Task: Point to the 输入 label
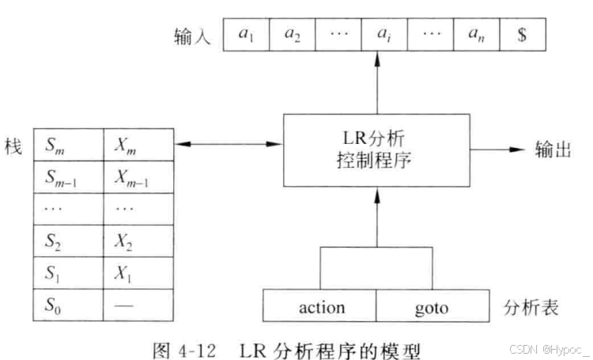pyautogui.click(x=192, y=37)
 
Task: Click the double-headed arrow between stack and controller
pyautogui.click(x=227, y=145)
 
